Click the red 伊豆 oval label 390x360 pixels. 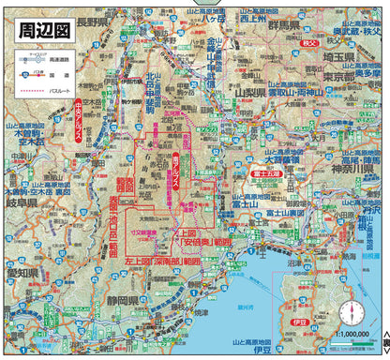click(300, 322)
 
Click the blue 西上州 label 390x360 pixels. click(254, 18)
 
